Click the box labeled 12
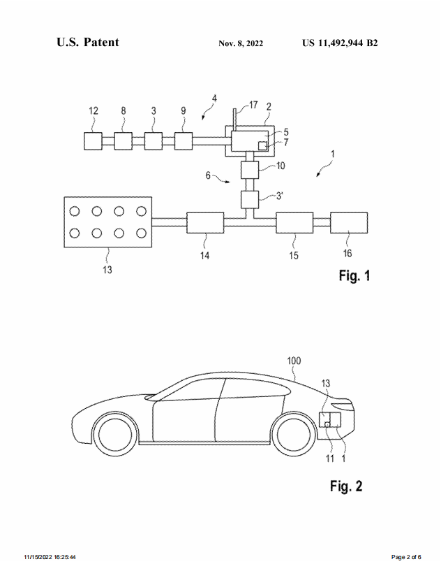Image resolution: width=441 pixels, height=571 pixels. [92, 140]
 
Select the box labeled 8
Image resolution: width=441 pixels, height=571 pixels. [123, 140]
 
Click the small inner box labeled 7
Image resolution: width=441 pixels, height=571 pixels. [263, 145]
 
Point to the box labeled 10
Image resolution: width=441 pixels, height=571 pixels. [250, 169]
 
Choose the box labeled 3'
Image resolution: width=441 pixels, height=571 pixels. [250, 199]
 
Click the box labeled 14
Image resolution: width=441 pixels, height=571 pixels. [205, 223]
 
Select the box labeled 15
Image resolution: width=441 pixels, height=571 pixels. [294, 223]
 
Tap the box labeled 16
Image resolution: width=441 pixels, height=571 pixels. [348, 223]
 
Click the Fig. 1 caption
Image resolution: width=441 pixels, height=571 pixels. [354, 275]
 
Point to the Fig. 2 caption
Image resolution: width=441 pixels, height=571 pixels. [346, 486]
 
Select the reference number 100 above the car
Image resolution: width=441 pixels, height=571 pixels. [295, 361]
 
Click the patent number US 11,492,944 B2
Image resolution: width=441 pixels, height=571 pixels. [340, 43]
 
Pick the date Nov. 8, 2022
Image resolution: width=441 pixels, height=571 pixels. [241, 43]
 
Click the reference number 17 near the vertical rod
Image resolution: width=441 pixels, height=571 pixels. [253, 105]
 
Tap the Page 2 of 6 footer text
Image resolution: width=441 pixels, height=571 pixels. [406, 557]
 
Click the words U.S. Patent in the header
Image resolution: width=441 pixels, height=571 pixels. [88, 42]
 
